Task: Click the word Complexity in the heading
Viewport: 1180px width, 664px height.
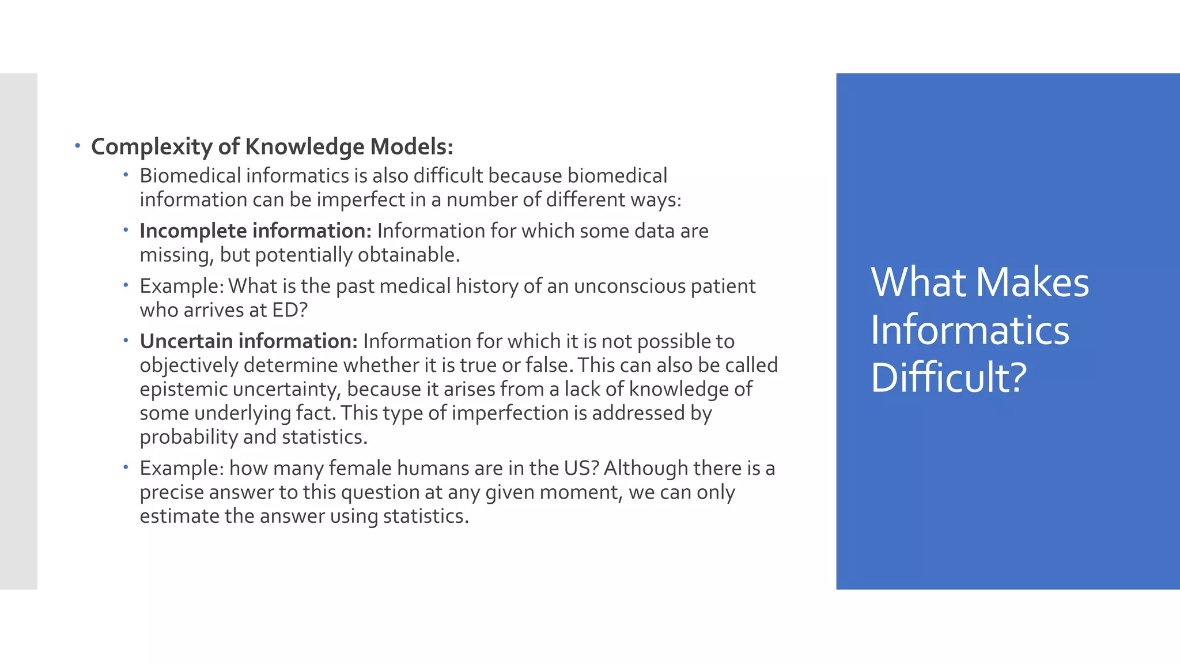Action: [x=152, y=147]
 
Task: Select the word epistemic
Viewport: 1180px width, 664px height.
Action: [x=183, y=389]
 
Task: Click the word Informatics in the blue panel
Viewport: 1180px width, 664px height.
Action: [x=970, y=330]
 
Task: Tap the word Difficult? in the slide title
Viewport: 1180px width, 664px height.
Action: [x=949, y=378]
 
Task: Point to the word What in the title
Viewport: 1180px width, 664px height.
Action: [x=918, y=282]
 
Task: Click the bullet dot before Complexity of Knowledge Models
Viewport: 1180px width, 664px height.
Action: [x=77, y=146]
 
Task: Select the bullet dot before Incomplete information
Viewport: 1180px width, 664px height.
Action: [x=126, y=230]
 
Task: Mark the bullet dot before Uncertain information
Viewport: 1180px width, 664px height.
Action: [x=126, y=341]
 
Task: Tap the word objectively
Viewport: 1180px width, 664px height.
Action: [x=189, y=365]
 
